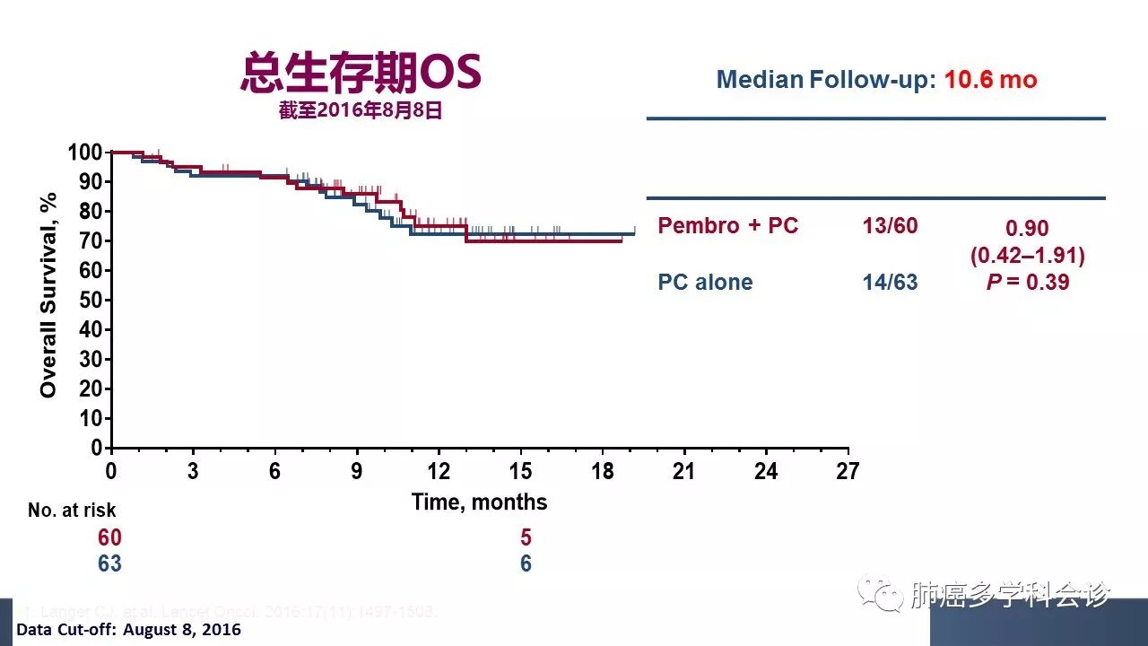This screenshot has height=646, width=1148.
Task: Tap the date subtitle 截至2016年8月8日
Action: tap(361, 111)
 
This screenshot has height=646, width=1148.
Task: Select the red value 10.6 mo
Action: tap(990, 80)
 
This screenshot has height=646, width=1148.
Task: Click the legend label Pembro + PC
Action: tap(727, 226)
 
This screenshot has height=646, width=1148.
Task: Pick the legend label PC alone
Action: tap(705, 283)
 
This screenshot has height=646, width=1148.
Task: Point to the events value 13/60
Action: tap(890, 226)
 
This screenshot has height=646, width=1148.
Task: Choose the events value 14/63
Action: tap(890, 283)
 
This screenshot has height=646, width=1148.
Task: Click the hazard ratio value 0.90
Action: tap(1027, 230)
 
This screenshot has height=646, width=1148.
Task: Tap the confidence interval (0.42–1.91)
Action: tap(1027, 256)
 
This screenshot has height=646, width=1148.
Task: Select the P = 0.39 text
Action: tap(1027, 282)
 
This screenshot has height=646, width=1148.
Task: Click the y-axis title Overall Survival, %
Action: tap(48, 295)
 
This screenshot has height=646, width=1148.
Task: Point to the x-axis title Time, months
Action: tap(479, 502)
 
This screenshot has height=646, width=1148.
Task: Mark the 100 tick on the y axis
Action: tap(86, 153)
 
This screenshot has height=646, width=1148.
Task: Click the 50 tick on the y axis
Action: tap(91, 300)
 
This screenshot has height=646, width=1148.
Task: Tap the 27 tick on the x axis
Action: tap(848, 471)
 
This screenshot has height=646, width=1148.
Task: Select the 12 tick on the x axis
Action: tap(439, 471)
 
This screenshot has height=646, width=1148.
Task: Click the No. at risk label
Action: tap(72, 511)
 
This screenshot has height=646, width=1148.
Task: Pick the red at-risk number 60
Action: tap(109, 537)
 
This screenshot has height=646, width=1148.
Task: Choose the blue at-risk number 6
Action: tap(526, 563)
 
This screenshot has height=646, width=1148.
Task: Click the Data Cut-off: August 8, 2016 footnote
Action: tap(128, 630)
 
